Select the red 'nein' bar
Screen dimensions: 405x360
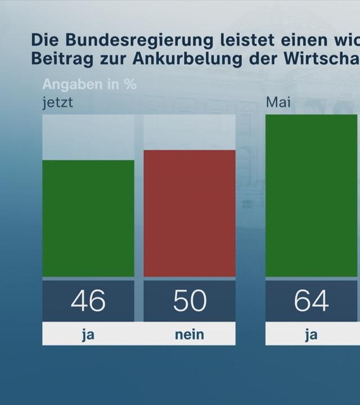(190, 213)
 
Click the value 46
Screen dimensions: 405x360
(88, 301)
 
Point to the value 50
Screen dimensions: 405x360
(190, 301)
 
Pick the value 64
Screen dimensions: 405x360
(311, 301)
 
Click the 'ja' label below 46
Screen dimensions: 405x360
(88, 335)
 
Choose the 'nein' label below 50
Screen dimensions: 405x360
(190, 335)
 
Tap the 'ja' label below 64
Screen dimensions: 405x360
(311, 335)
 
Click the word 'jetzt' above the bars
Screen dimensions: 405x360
(57, 103)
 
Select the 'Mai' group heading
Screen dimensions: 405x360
(278, 103)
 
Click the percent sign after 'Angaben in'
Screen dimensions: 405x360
(130, 84)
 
